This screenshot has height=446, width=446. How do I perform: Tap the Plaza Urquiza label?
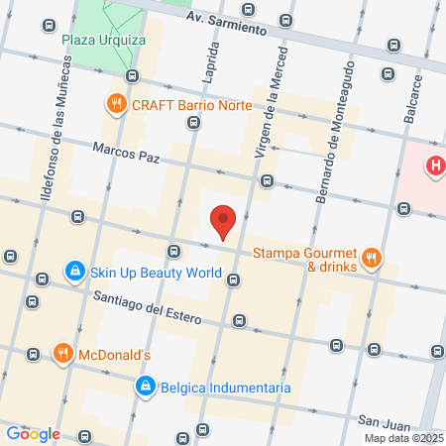tap(103, 40)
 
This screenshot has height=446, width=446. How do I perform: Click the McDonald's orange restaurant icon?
tap(62, 353)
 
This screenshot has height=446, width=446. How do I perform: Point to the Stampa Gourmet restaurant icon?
tap(372, 259)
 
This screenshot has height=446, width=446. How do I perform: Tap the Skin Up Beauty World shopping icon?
tap(74, 271)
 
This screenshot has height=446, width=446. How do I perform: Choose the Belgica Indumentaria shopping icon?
tap(145, 386)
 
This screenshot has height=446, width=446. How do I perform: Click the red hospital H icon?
tap(434, 167)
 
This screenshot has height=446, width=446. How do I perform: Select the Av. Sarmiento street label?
tap(227, 24)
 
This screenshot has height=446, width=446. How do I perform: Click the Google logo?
tap(33, 433)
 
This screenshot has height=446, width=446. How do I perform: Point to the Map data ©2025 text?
tap(404, 438)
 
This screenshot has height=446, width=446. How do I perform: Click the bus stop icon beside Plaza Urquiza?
tap(131, 75)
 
